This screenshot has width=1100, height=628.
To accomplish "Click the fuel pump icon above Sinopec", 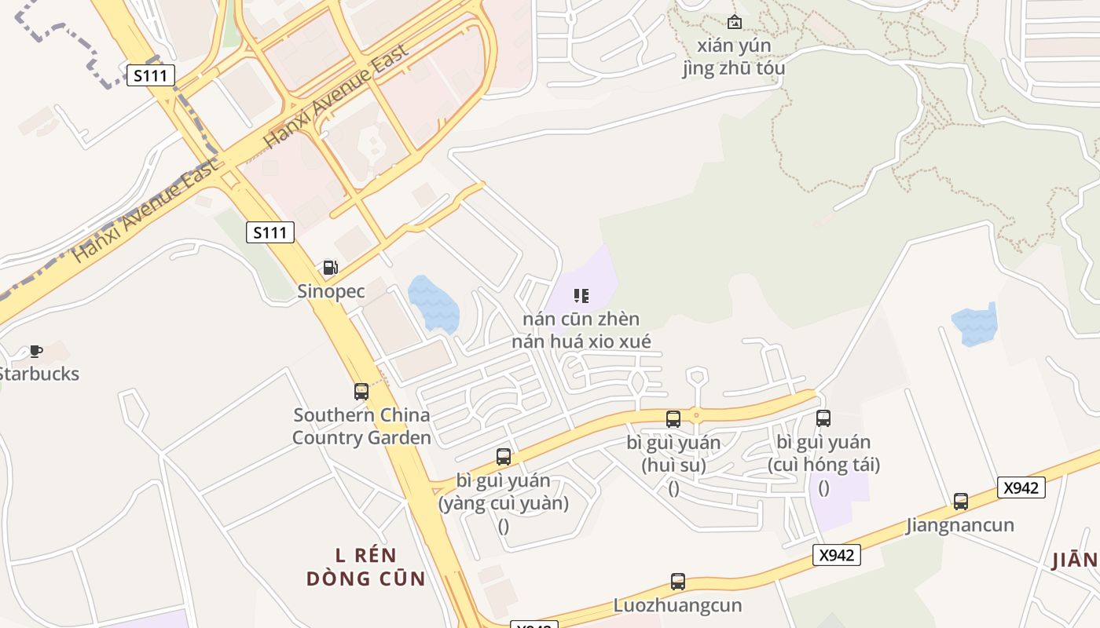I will click(x=331, y=268).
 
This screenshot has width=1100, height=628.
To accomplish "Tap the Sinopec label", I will click(x=331, y=291).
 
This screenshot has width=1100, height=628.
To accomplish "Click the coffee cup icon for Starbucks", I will click(x=35, y=351).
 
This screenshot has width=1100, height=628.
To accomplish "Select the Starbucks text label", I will click(x=39, y=374).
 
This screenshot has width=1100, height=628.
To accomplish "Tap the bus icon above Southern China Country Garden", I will click(x=361, y=391).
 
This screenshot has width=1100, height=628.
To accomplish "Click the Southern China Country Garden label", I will click(x=361, y=426).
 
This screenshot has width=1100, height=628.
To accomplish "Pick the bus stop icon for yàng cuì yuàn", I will click(x=504, y=456).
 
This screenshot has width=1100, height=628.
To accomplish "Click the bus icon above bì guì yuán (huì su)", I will click(x=673, y=418).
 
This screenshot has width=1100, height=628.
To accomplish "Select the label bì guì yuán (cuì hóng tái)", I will click(x=823, y=454).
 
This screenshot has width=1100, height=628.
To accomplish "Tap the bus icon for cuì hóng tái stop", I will click(x=823, y=418).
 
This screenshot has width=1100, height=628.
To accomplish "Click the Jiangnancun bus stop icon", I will click(x=960, y=501).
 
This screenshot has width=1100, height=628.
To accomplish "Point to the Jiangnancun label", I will click(x=960, y=524).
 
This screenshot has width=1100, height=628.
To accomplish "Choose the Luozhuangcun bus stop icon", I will click(x=678, y=582).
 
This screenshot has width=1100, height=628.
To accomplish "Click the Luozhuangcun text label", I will click(x=677, y=605).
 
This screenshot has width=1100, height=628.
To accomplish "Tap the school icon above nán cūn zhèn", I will click(x=581, y=296).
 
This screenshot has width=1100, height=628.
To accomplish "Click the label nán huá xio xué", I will click(x=581, y=341).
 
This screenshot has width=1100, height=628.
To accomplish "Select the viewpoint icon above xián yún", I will click(x=734, y=22).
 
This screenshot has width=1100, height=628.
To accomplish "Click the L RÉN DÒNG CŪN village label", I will click(x=365, y=568).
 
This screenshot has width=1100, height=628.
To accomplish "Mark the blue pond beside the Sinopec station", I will click(x=433, y=303).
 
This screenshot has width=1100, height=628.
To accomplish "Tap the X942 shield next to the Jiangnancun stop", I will click(x=1021, y=487).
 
